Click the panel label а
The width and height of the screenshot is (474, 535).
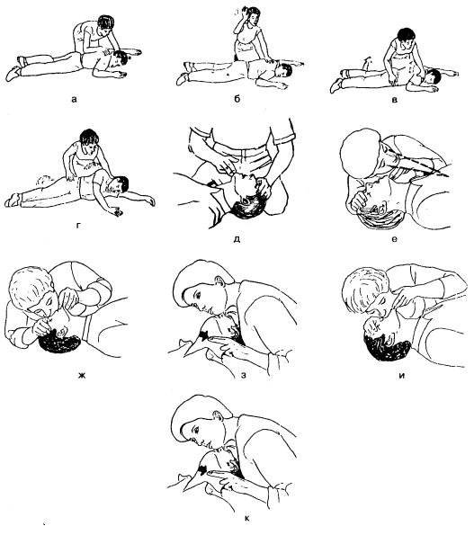tap(74, 100)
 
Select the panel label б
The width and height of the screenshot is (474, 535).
tap(237, 99)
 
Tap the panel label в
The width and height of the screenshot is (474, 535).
tap(395, 100)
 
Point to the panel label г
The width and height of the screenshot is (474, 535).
tap(78, 225)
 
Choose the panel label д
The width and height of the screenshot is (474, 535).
tap(237, 239)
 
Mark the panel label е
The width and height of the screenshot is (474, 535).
tap(394, 239)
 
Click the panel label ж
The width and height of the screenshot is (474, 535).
tap(81, 376)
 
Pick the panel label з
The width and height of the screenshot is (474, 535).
tap(244, 376)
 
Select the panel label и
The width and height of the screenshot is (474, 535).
tap(402, 376)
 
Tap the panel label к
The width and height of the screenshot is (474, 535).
tap(246, 519)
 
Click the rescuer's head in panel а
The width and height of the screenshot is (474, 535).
tap(105, 24)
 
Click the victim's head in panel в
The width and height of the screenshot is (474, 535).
tap(431, 78)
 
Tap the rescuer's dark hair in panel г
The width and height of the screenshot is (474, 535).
tap(89, 138)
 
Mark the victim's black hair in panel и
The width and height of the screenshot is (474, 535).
tap(387, 347)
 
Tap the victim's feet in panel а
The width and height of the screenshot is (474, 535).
tap(15, 68)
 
